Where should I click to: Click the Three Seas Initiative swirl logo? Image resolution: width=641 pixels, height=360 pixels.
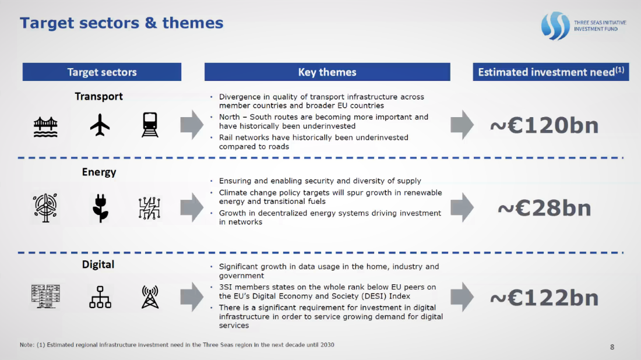(555, 26)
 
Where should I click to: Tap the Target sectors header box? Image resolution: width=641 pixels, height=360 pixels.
(102, 72)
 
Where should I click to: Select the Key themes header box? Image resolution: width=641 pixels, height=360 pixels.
(327, 72)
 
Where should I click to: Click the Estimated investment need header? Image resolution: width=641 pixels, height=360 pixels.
(551, 72)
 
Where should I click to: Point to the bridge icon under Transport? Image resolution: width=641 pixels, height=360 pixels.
(45, 126)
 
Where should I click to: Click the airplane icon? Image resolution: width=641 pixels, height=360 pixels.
(100, 125)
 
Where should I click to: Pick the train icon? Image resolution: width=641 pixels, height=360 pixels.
(150, 125)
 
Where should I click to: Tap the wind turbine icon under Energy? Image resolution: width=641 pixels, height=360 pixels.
(45, 207)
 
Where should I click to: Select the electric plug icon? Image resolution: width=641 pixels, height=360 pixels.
(100, 208)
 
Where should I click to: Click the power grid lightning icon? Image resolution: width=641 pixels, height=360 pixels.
(149, 208)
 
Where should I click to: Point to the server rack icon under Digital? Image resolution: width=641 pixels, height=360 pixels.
(45, 297)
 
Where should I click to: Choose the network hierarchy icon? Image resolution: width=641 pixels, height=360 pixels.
(100, 297)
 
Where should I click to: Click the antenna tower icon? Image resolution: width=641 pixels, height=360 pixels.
(150, 297)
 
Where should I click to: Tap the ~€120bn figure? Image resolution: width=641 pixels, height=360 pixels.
(544, 125)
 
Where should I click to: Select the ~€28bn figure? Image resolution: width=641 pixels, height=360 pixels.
(544, 208)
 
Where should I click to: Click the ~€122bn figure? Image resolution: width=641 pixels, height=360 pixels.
(544, 298)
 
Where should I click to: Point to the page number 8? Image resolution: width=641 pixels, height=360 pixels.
(612, 347)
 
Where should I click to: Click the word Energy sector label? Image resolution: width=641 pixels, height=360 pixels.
(99, 172)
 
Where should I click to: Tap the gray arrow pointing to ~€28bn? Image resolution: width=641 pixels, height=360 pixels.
(462, 207)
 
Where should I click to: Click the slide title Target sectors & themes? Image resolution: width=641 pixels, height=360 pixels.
(121, 23)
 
